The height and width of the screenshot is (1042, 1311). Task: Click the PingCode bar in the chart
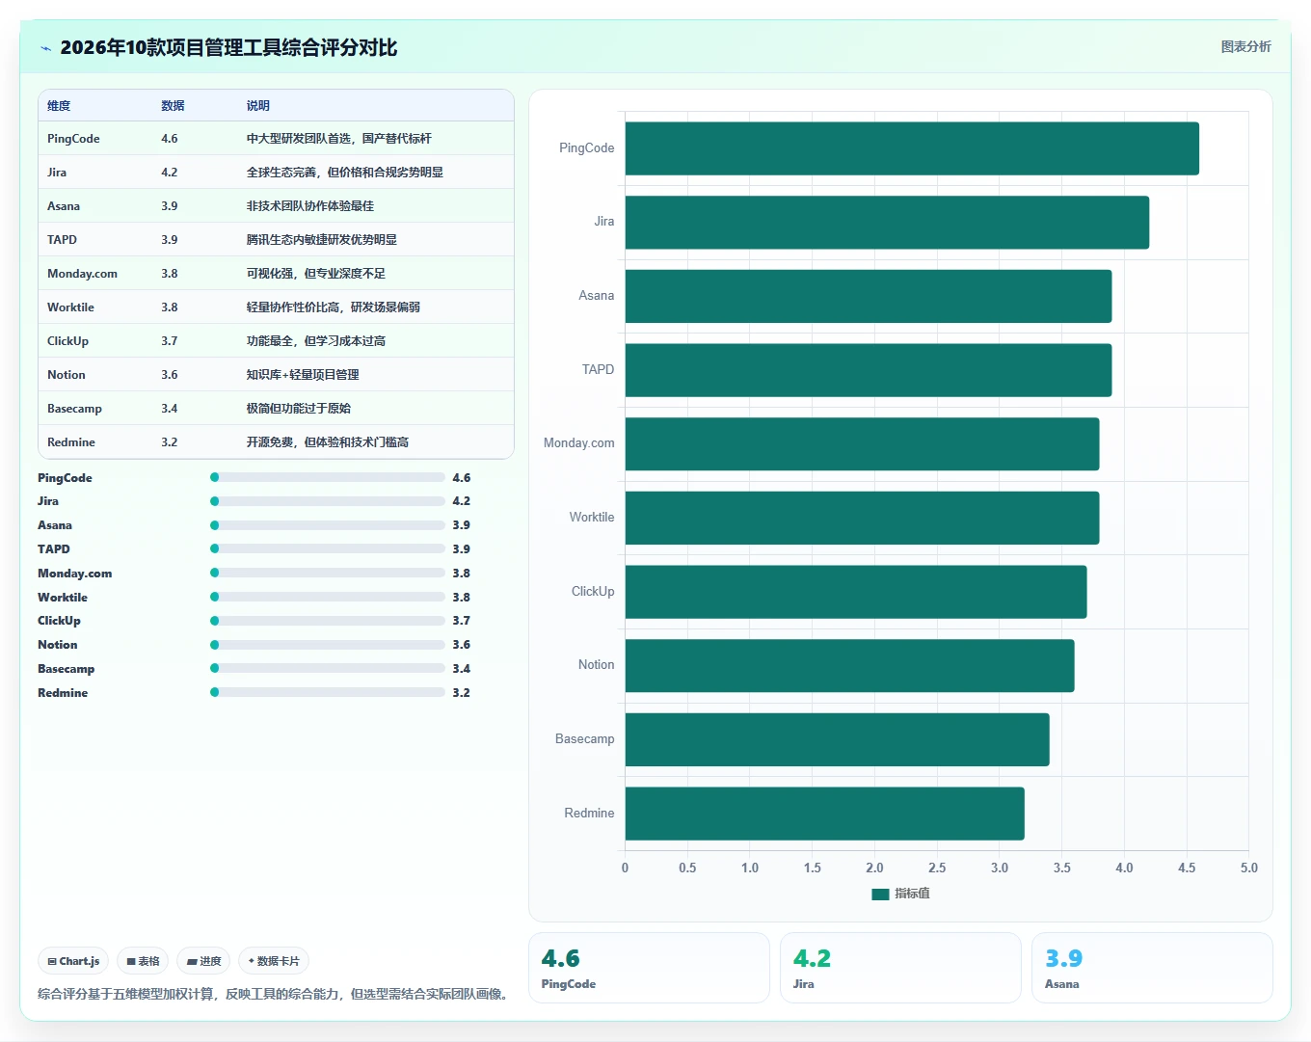(x=912, y=148)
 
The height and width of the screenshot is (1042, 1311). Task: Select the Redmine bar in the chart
(x=825, y=814)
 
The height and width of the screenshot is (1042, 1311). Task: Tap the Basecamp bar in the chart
(x=838, y=739)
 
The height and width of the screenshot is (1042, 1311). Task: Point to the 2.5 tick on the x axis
(x=937, y=868)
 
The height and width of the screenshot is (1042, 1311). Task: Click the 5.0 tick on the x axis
(x=1249, y=868)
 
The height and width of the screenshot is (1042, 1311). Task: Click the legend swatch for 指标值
(x=880, y=894)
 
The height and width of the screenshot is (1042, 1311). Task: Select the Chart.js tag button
(x=73, y=961)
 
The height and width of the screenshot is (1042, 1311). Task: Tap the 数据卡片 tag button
(x=274, y=961)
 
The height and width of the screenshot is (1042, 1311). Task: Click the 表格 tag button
(x=143, y=961)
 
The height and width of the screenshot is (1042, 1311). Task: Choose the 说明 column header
(x=257, y=105)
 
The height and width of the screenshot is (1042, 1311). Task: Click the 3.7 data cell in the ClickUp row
(x=170, y=340)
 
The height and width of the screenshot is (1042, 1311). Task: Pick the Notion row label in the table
(x=67, y=375)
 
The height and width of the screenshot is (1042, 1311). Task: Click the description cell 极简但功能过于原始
(x=299, y=409)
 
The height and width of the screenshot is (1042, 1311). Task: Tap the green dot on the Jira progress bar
(x=214, y=501)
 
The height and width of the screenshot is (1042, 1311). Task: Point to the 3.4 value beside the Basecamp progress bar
(x=461, y=668)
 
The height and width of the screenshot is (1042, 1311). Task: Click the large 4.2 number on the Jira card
(x=812, y=958)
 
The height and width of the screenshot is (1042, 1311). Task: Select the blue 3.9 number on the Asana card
(x=1063, y=958)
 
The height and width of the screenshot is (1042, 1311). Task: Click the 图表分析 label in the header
(x=1245, y=47)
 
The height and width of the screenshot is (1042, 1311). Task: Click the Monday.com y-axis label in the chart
(x=578, y=443)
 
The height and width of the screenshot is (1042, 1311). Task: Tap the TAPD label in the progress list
(x=54, y=549)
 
